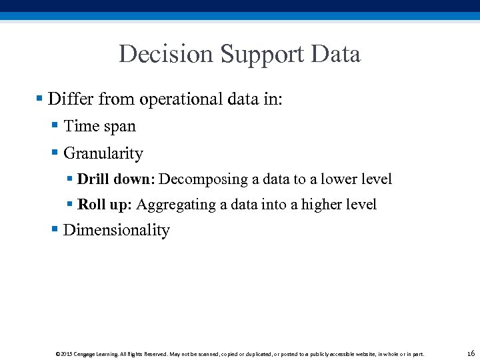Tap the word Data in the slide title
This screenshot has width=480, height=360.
click(x=336, y=54)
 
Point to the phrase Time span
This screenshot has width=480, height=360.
click(x=99, y=126)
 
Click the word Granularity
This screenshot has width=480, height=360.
click(x=103, y=153)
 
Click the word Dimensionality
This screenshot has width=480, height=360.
click(x=117, y=231)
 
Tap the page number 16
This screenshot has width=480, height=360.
click(x=471, y=353)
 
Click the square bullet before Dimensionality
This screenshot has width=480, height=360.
click(x=55, y=230)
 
